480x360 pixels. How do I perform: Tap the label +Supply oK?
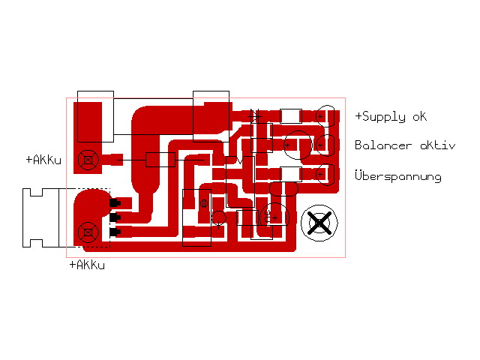pyautogui.click(x=390, y=117)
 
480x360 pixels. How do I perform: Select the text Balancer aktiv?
pyautogui.click(x=404, y=145)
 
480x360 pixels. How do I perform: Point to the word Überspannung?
pyautogui.click(x=397, y=176)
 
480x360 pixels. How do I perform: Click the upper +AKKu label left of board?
pyautogui.click(x=43, y=160)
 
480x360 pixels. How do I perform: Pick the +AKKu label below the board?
pyautogui.click(x=87, y=265)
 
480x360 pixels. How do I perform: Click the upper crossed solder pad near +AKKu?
pyautogui.click(x=88, y=159)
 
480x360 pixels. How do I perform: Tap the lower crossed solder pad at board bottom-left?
pyautogui.click(x=88, y=232)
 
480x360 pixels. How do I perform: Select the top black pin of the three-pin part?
pyautogui.click(x=115, y=203)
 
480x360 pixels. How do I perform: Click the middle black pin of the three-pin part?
pyautogui.click(x=115, y=217)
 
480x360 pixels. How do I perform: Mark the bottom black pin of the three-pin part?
pyautogui.click(x=115, y=232)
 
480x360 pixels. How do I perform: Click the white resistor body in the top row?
pyautogui.click(x=291, y=116)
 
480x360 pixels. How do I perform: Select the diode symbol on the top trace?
pyautogui.click(x=256, y=116)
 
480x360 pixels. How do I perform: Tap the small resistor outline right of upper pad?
pyautogui.click(x=160, y=160)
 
